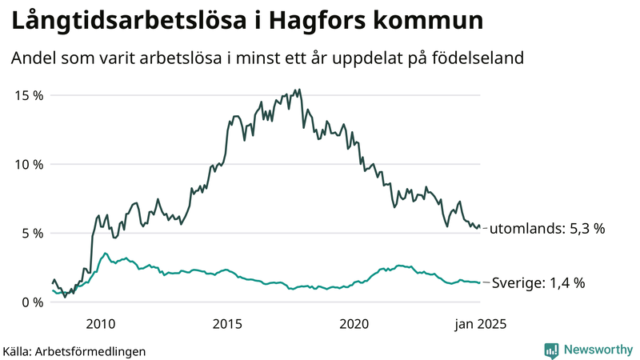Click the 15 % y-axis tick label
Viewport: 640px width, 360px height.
[x=29, y=95]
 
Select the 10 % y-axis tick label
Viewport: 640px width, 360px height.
[x=29, y=164]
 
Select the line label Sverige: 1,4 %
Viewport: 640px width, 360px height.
[x=538, y=282]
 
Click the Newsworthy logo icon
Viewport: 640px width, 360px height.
[x=551, y=350]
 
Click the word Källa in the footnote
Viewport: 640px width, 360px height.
[x=18, y=350]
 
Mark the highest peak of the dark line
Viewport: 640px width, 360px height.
[x=298, y=90]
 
